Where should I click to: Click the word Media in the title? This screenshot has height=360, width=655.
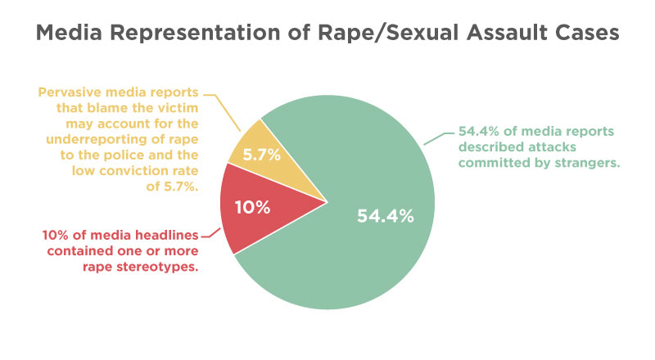pyautogui.click(x=69, y=33)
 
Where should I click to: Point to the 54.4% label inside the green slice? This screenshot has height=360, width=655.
pyautogui.click(x=385, y=216)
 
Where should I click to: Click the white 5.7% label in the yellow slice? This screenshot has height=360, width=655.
pyautogui.click(x=262, y=155)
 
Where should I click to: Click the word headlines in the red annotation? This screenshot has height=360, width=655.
pyautogui.click(x=165, y=235)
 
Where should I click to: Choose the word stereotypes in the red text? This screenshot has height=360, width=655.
pyautogui.click(x=157, y=267)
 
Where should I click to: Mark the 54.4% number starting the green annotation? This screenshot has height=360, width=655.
pyautogui.click(x=479, y=131)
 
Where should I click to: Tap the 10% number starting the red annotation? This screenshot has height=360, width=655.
pyautogui.click(x=55, y=235)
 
